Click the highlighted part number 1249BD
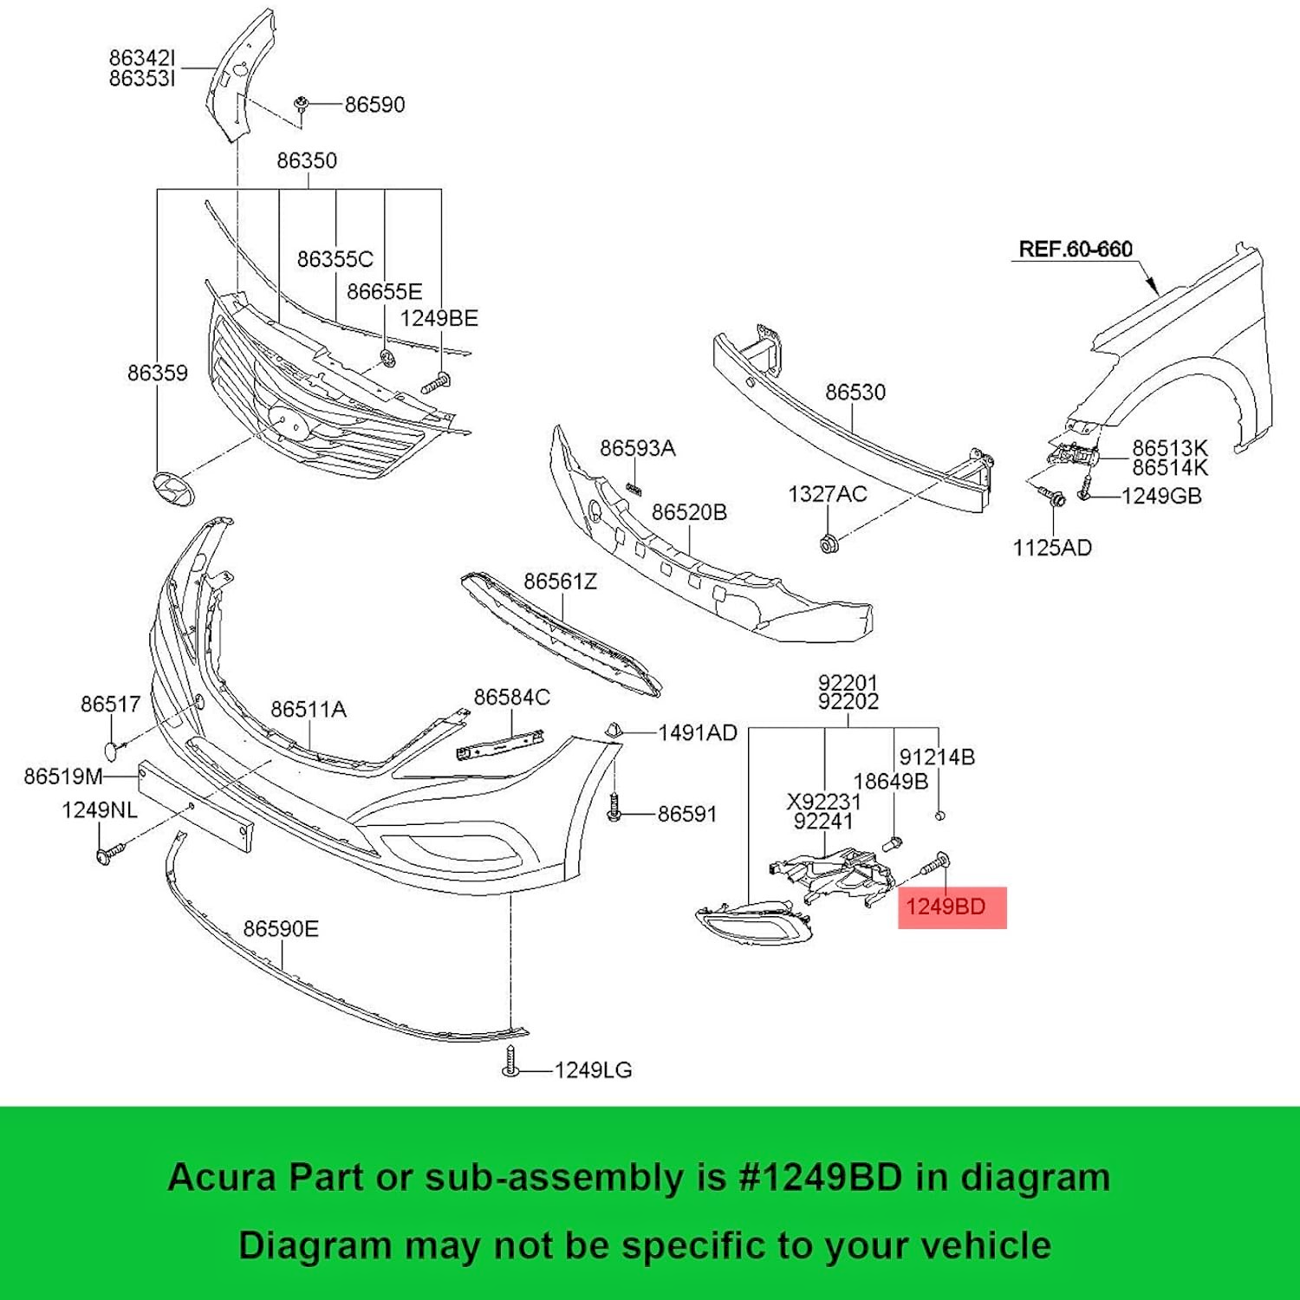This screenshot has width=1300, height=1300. pyautogui.click(x=946, y=907)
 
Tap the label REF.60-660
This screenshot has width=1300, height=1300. pyautogui.click(x=1075, y=250)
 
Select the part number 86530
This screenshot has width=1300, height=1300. pyautogui.click(x=855, y=393)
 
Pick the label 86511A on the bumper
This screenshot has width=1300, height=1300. pyautogui.click(x=308, y=710)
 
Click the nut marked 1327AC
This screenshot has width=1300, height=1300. pyautogui.click(x=828, y=544)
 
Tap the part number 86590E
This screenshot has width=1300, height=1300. pyautogui.click(x=281, y=929)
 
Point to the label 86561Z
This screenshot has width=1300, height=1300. pyautogui.click(x=560, y=582)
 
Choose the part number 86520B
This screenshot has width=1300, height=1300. pyautogui.click(x=689, y=512)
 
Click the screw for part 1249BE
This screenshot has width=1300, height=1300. pyautogui.click(x=436, y=382)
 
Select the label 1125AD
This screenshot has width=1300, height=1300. pyautogui.click(x=1052, y=548)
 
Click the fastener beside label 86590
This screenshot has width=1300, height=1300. pyautogui.click(x=302, y=105)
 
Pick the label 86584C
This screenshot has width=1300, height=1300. pyautogui.click(x=511, y=698)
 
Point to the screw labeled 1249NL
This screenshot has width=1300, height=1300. pyautogui.click(x=108, y=854)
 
